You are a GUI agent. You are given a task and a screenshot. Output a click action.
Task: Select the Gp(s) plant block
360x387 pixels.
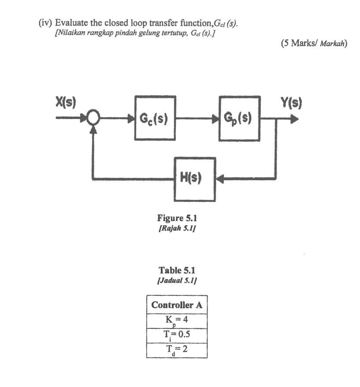point(239,119)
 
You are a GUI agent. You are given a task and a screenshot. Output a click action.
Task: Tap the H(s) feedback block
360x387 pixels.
point(194,179)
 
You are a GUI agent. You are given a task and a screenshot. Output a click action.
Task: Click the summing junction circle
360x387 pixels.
point(93,118)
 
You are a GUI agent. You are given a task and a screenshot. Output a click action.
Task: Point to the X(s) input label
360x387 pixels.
point(66,102)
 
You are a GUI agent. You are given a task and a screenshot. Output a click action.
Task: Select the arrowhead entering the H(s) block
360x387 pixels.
point(220,179)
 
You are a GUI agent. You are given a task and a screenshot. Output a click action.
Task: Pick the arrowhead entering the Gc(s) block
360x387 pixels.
point(130,119)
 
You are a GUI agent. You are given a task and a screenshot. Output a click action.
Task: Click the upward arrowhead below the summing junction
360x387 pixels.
point(93,129)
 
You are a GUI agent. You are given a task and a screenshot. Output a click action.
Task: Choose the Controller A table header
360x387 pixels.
point(176,305)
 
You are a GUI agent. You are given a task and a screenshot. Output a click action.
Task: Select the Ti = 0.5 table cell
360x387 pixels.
point(176,335)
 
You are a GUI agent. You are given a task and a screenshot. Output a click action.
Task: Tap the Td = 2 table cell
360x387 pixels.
point(176,350)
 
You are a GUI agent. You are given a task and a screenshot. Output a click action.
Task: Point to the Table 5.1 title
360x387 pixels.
point(176,271)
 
